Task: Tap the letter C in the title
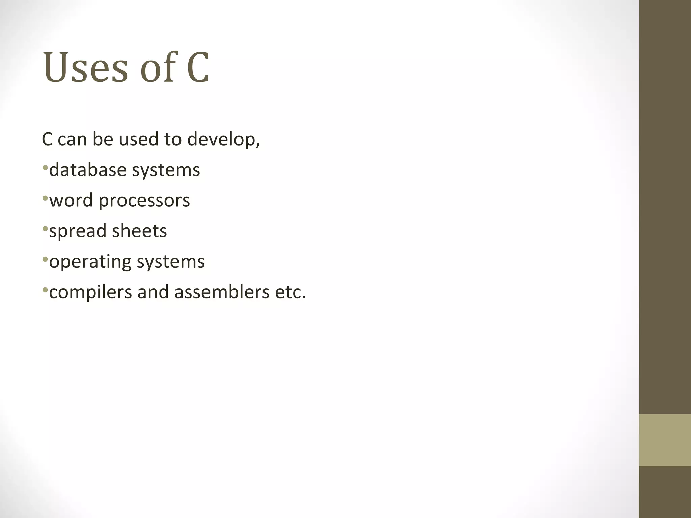pos(198,67)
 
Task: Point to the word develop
pos(223,139)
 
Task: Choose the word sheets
pos(139,231)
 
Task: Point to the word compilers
pos(90,292)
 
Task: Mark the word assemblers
pos(222,292)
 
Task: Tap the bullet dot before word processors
pos(45,199)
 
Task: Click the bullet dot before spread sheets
pos(45,229)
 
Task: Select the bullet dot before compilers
pos(45,290)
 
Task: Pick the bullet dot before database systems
pos(45,168)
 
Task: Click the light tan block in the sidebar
pos(665,440)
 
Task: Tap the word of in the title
pos(158,67)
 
